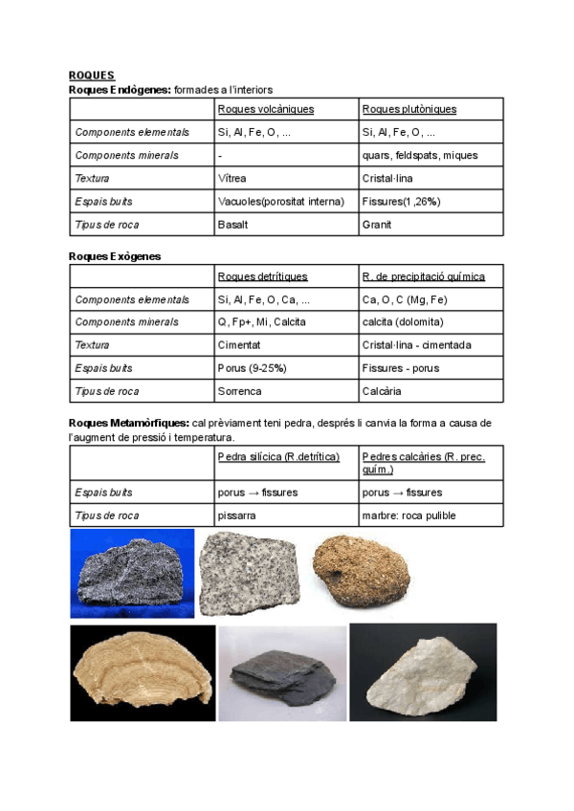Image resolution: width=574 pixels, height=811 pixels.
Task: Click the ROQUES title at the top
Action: (92, 75)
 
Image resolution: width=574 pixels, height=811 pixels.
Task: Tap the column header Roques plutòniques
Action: (409, 109)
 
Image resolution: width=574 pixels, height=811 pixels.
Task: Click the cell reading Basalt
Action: (233, 225)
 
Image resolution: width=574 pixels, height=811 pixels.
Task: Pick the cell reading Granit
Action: (377, 225)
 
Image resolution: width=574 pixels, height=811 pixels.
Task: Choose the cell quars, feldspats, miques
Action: (420, 155)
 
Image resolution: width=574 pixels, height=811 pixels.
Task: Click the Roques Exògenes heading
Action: (115, 256)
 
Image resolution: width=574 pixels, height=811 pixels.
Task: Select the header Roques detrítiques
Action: (263, 276)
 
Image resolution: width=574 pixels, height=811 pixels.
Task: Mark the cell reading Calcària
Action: (382, 391)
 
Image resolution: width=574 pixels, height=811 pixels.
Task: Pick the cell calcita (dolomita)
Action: (403, 322)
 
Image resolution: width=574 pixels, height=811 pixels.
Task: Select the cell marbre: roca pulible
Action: (408, 515)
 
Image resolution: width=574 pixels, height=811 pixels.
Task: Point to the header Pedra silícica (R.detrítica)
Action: (279, 457)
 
